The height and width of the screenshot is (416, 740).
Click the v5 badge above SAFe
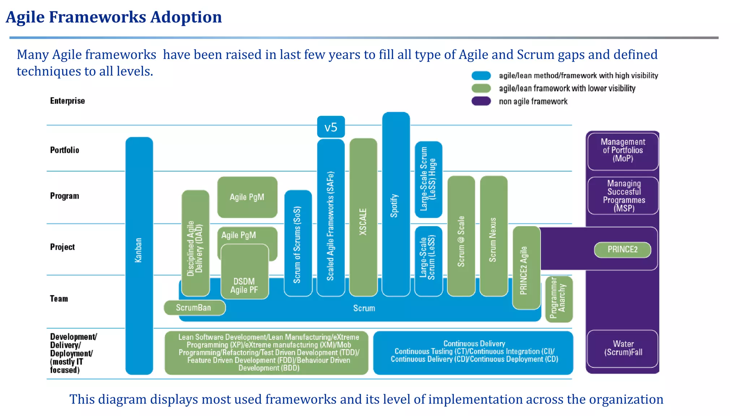pos(331,127)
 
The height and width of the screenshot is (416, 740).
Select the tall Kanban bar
pos(139,253)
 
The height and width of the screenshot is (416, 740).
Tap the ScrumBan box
pos(194,308)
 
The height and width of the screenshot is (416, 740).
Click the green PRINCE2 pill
pos(622,250)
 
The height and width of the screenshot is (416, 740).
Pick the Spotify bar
pos(396,204)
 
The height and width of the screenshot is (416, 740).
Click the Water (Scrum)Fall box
pos(623,348)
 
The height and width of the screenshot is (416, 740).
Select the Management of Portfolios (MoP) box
pos(623,151)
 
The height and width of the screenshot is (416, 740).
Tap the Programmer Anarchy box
pos(559,299)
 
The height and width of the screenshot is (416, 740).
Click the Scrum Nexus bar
pos(494,237)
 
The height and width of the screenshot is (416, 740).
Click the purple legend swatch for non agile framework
pos(481,101)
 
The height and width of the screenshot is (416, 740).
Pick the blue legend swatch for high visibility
pos(481,75)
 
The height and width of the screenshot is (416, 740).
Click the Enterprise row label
pos(68,101)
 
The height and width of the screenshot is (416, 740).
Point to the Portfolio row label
pos(65,150)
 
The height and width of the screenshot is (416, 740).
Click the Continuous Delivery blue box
pos(473,352)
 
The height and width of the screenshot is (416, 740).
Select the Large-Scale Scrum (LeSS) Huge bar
pos(428,179)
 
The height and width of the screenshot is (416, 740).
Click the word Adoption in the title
pos(186,17)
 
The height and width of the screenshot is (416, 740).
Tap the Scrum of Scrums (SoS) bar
pos(298,244)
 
